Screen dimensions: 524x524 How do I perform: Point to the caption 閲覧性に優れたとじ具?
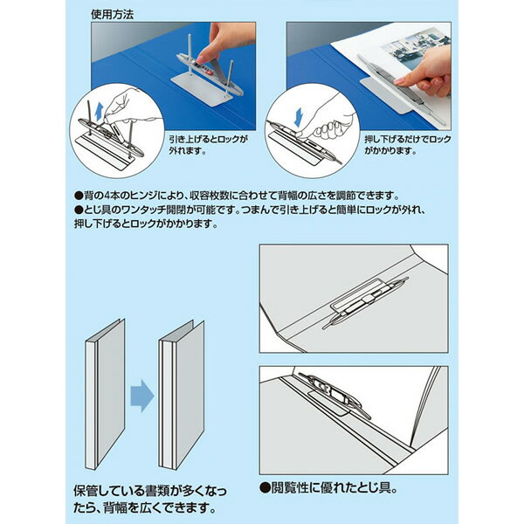point(334,486)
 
